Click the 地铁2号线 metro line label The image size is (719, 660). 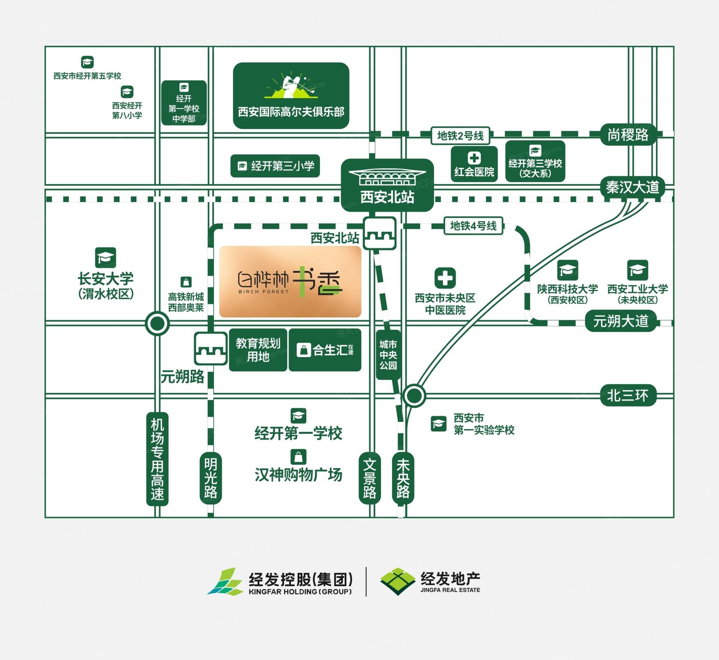click(460, 136)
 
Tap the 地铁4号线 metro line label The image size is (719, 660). click(473, 226)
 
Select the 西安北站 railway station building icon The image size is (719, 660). click(387, 177)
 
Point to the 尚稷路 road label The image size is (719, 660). click(628, 134)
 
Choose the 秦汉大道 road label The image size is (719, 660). click(632, 188)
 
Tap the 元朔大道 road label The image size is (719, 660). click(620, 321)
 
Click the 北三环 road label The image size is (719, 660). click(627, 396)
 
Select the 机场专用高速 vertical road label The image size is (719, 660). click(157, 459)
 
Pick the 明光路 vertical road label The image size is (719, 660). click(211, 478)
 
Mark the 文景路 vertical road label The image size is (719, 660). click(369, 478)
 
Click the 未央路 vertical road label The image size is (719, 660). click(403, 478)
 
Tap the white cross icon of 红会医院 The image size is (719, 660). click(474, 158)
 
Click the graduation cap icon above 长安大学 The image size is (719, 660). click(106, 258)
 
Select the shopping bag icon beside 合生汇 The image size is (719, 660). click(304, 350)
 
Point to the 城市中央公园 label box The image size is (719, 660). click(388, 355)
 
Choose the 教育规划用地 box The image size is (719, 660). click(258, 350)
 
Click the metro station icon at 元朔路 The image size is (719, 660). click(211, 349)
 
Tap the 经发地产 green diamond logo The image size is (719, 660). click(397, 581)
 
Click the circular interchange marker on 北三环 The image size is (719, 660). click(414, 396)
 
